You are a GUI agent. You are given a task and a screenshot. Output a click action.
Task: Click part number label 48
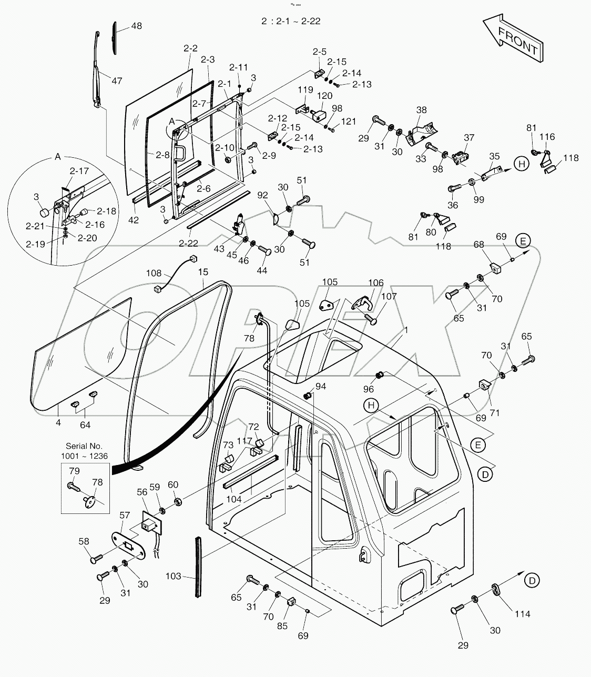pos(136,26)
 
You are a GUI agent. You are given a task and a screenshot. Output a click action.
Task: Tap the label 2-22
pos(189,243)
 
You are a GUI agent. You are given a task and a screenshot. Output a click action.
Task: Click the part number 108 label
pos(154,273)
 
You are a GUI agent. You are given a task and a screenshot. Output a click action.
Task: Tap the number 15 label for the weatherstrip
pos(203,272)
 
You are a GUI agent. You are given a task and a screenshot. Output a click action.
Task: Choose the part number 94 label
pos(320,387)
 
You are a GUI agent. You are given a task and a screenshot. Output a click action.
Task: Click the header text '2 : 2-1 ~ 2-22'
pos(291,21)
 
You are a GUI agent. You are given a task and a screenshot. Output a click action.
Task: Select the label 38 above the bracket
pos(422,110)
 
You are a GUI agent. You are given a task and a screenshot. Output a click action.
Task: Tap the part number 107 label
pos(389,296)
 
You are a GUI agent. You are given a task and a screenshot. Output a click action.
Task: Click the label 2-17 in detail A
pos(79,170)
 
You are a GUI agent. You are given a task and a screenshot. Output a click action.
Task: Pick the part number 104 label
pos(234,499)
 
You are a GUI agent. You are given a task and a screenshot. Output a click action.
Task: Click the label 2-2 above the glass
pos(190,48)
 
